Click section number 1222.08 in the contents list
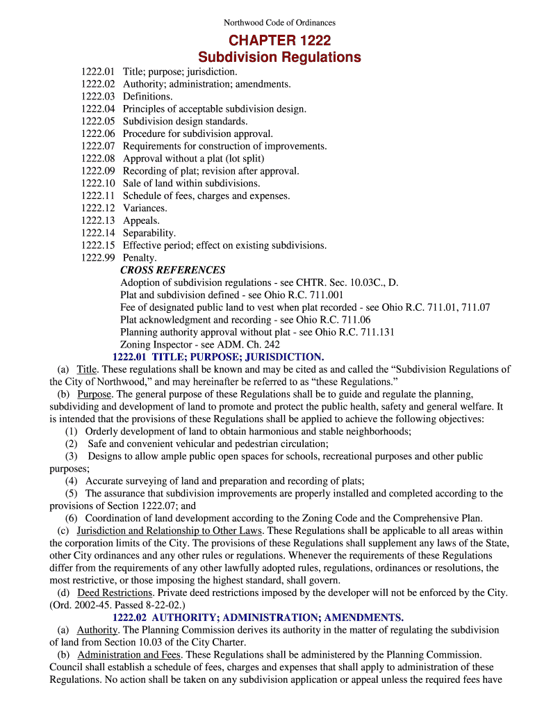pos(97,159)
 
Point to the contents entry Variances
pos(145,208)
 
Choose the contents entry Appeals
pos(141,220)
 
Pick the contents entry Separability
pos(149,233)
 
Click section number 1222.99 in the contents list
pos(97,258)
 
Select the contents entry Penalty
pos(140,258)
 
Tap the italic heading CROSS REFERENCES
pos(173,270)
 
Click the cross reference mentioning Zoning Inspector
pos(200,344)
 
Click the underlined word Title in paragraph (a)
pos(87,369)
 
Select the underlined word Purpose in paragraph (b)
pos(95,394)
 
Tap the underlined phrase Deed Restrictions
pos(115,592)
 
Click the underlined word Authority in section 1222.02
pos(97,630)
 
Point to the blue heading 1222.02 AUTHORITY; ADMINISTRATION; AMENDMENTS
pos(258,617)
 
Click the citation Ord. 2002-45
pos(79,605)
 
